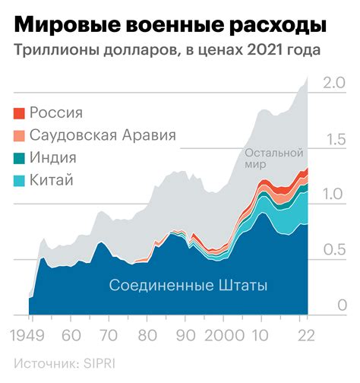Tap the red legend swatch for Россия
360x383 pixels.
[19, 114]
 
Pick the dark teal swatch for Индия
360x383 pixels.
[19, 158]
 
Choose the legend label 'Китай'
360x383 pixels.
[51, 180]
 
